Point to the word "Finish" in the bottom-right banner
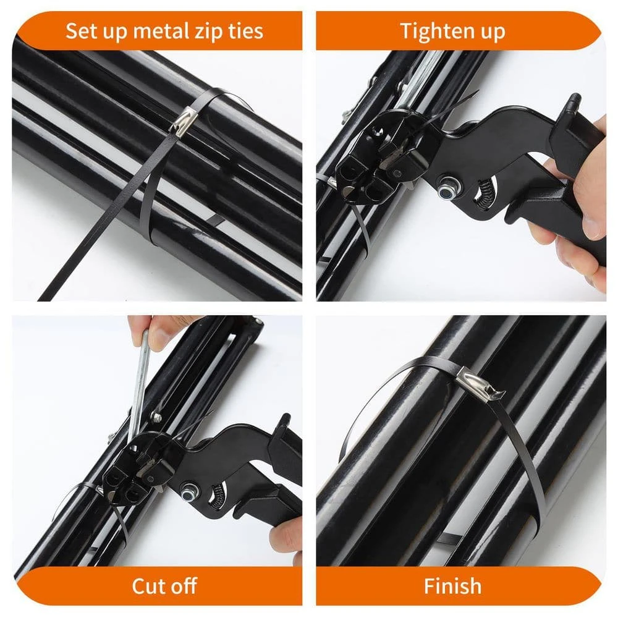coord(452,586)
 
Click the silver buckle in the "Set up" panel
coord(184,121)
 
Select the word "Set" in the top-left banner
coord(82,31)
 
